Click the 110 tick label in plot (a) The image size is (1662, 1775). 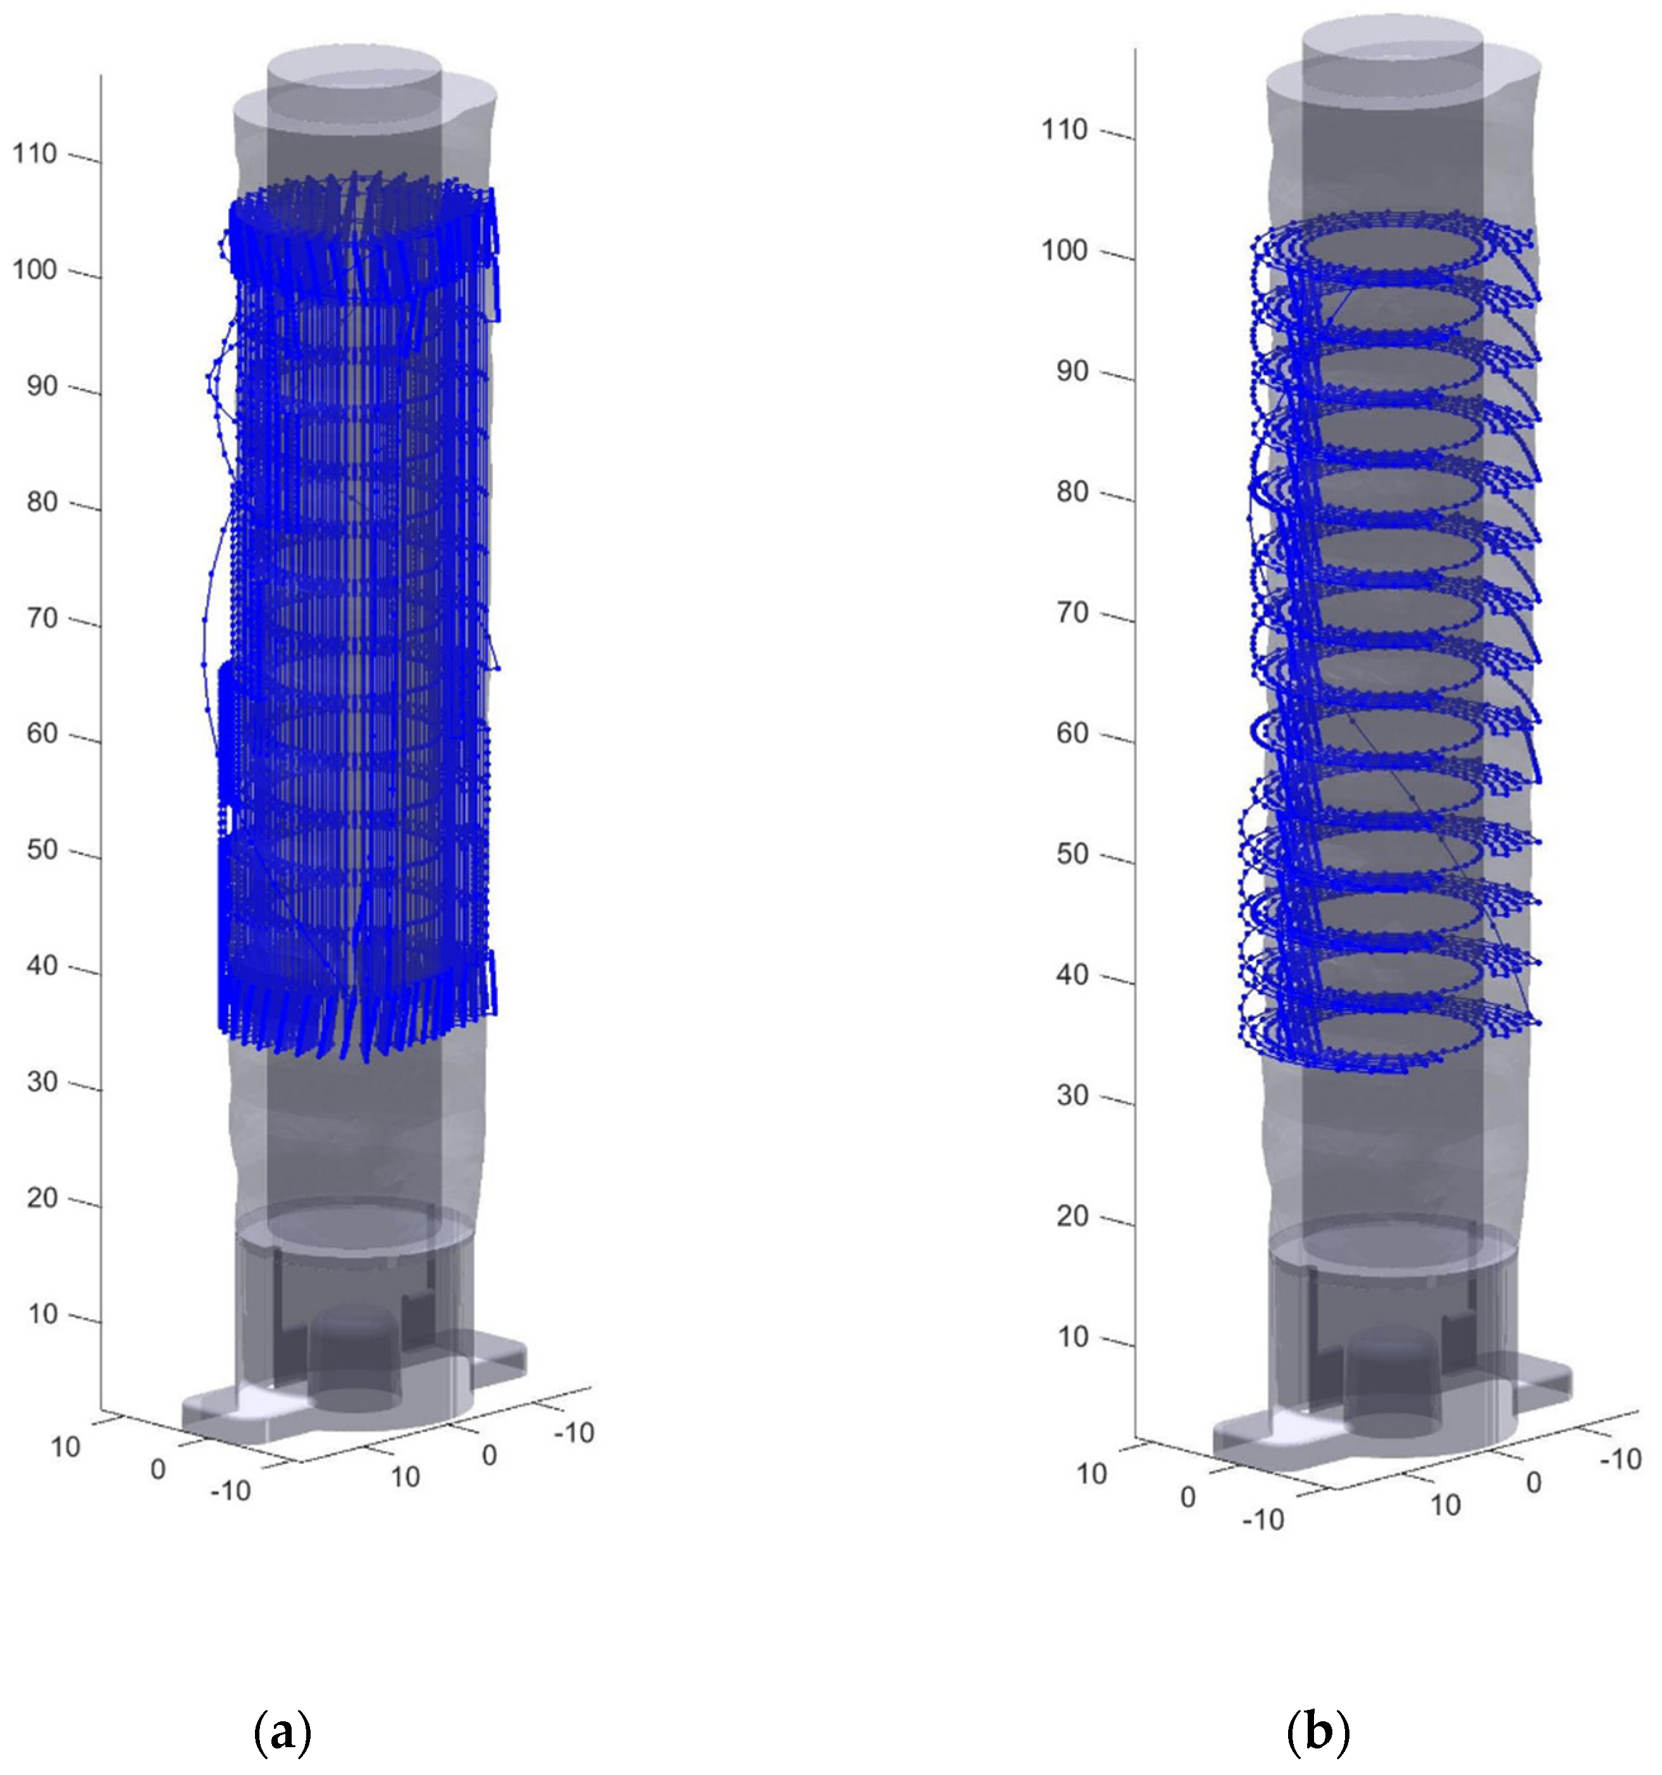[x=35, y=154]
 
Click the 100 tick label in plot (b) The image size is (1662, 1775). [x=1065, y=250]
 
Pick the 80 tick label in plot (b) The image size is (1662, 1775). [x=1072, y=492]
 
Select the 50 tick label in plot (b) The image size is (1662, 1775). [x=1072, y=854]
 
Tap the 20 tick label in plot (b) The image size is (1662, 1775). [x=1072, y=1216]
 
